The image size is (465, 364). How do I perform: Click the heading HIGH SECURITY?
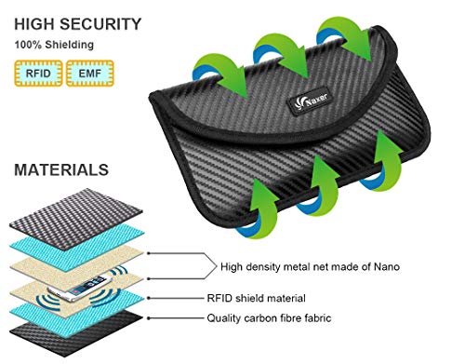(x=77, y=22)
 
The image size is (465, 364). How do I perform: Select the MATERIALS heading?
(x=61, y=170)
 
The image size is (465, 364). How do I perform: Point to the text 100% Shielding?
(x=55, y=43)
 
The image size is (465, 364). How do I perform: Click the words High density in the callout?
(x=246, y=267)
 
